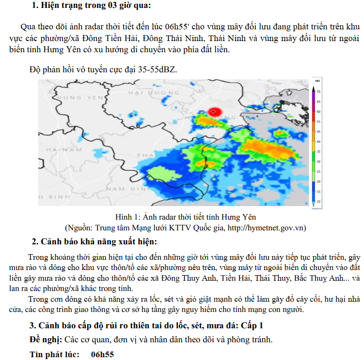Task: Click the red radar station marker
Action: (214, 112)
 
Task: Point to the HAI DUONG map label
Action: (147, 93)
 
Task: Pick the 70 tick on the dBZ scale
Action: (318, 92)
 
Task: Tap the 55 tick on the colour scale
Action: (318, 121)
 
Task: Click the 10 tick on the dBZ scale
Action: (318, 201)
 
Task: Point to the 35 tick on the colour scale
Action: (318, 152)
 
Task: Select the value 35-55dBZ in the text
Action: (157, 69)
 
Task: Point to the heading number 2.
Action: (35, 242)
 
